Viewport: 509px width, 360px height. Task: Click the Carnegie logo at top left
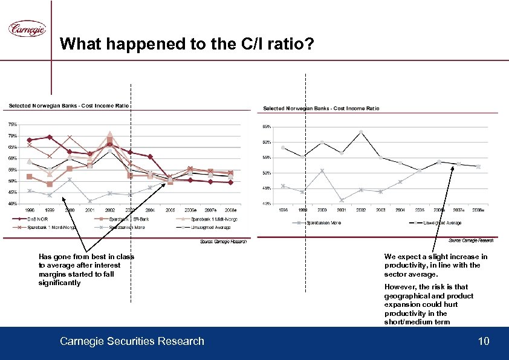(x=27, y=28)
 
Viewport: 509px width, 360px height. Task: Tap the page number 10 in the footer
(x=483, y=342)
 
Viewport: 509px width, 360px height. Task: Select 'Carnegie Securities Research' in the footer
(x=132, y=342)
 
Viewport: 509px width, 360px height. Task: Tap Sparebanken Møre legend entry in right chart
(x=323, y=223)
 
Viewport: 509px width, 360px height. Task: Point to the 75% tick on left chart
(x=12, y=124)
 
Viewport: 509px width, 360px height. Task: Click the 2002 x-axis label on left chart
(x=110, y=210)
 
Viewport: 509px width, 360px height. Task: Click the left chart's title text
(x=68, y=106)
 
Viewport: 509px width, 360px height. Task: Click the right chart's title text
(x=321, y=108)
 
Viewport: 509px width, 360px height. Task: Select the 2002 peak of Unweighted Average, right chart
(x=360, y=132)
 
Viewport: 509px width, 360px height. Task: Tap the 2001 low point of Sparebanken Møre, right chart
(x=342, y=200)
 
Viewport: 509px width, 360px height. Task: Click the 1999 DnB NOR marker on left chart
(x=50, y=137)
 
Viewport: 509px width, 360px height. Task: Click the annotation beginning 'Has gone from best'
(x=86, y=270)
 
